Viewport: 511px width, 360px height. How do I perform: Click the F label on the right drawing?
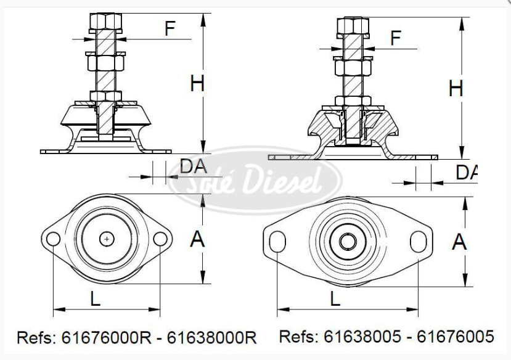[396, 38]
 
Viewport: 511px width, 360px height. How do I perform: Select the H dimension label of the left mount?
[197, 83]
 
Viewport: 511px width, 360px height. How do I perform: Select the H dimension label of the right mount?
[456, 89]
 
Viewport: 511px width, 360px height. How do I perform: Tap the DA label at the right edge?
[467, 173]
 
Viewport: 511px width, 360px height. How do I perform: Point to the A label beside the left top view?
[197, 239]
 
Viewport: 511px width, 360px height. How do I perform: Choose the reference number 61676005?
[456, 336]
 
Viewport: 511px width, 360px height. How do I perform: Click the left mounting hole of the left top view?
[54, 239]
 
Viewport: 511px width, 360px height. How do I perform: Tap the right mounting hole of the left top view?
[160, 239]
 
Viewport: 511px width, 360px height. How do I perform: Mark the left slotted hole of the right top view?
[277, 241]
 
